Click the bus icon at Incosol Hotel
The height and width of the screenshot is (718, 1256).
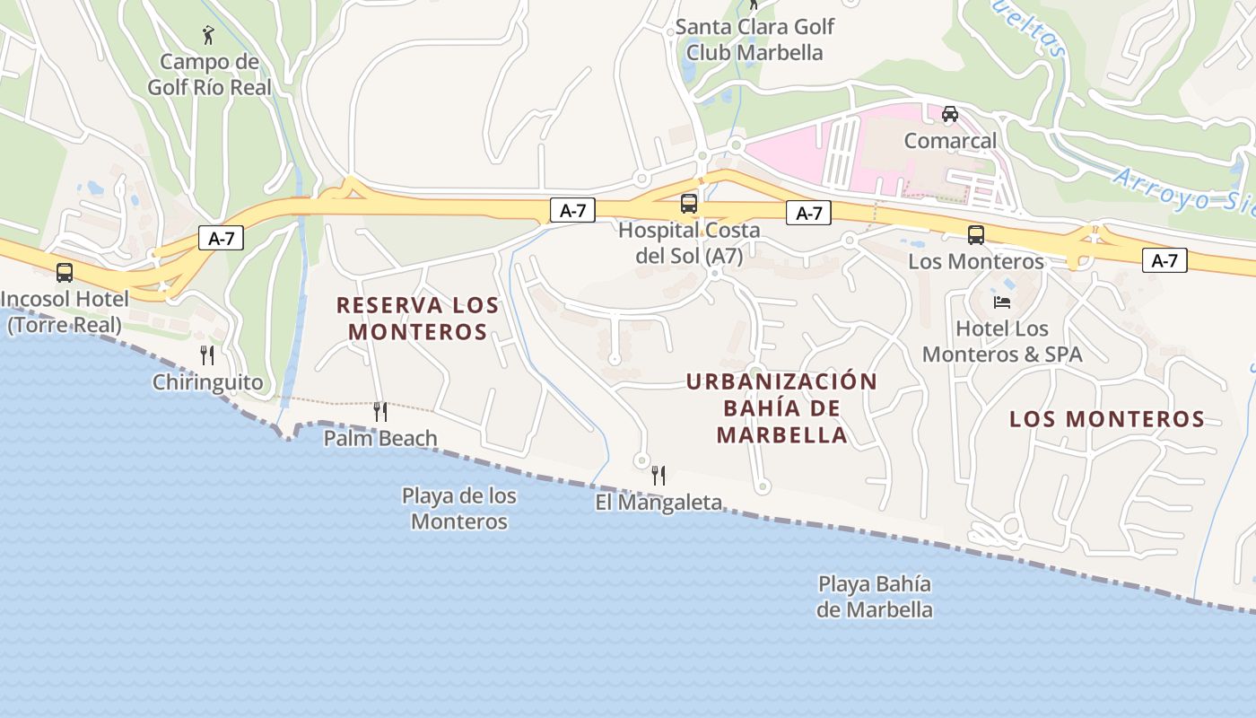[65, 272]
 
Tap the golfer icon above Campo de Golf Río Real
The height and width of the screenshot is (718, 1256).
[209, 35]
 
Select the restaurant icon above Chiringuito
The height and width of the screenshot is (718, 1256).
[207, 355]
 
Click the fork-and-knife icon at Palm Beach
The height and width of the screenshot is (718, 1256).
[380, 412]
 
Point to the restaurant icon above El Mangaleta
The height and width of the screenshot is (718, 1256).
[659, 476]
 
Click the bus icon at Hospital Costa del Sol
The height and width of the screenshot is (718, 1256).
[689, 204]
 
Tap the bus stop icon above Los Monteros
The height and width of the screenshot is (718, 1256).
[976, 235]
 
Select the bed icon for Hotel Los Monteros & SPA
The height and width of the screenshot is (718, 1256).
[1002, 302]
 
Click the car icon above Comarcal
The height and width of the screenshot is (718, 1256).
[950, 114]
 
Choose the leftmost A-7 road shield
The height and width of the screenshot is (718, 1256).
[221, 239]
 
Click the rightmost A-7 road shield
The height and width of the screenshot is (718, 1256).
[1164, 261]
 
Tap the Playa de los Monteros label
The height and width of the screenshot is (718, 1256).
[458, 508]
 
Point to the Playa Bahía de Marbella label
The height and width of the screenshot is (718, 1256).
[875, 597]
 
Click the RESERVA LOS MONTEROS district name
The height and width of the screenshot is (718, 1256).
[417, 318]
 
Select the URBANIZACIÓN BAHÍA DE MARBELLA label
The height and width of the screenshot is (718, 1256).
[781, 408]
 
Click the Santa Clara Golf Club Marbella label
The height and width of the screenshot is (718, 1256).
[754, 39]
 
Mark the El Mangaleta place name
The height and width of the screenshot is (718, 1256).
[659, 503]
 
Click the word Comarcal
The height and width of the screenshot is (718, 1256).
[950, 141]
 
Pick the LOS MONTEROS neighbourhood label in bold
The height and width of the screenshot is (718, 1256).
[1107, 419]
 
